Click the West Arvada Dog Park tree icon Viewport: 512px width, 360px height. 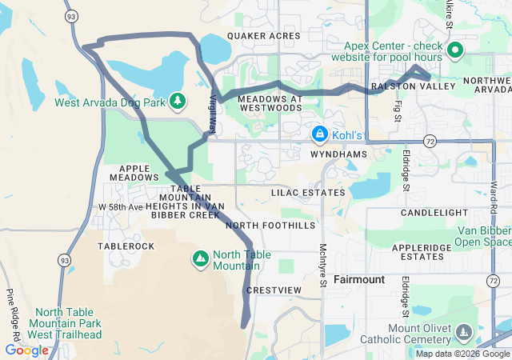click(177, 101)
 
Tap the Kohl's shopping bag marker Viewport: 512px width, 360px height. click(319, 134)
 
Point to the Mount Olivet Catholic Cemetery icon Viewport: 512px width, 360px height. click(462, 332)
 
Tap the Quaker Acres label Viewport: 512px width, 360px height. click(263, 36)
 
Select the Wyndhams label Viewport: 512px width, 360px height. click(338, 154)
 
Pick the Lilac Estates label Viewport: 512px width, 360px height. click(308, 193)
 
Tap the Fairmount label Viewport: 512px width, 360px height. click(359, 280)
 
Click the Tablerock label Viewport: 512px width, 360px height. click(126, 246)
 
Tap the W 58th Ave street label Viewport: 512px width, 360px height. click(121, 207)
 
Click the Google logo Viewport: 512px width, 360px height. click(26, 350)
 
